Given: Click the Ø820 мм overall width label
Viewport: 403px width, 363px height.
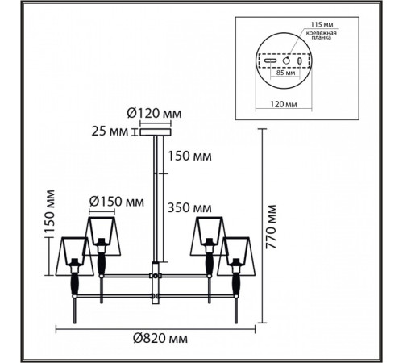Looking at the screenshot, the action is [160, 339].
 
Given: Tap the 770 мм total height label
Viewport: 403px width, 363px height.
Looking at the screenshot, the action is [271, 227].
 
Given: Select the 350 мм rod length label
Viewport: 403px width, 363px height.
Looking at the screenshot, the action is [189, 208].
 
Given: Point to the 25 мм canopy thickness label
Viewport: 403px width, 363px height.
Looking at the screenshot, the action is [110, 131].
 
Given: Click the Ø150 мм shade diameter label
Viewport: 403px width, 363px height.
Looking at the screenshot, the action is [117, 202].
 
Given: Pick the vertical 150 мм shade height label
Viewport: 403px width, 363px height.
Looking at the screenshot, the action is [50, 211].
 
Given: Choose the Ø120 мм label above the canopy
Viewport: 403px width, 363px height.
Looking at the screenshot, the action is [154, 114].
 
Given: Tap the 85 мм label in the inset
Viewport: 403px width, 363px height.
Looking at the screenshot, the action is [285, 73].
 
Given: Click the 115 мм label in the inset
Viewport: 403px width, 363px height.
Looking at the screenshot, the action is [322, 24].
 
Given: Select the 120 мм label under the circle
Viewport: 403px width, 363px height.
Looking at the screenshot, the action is [284, 104].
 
